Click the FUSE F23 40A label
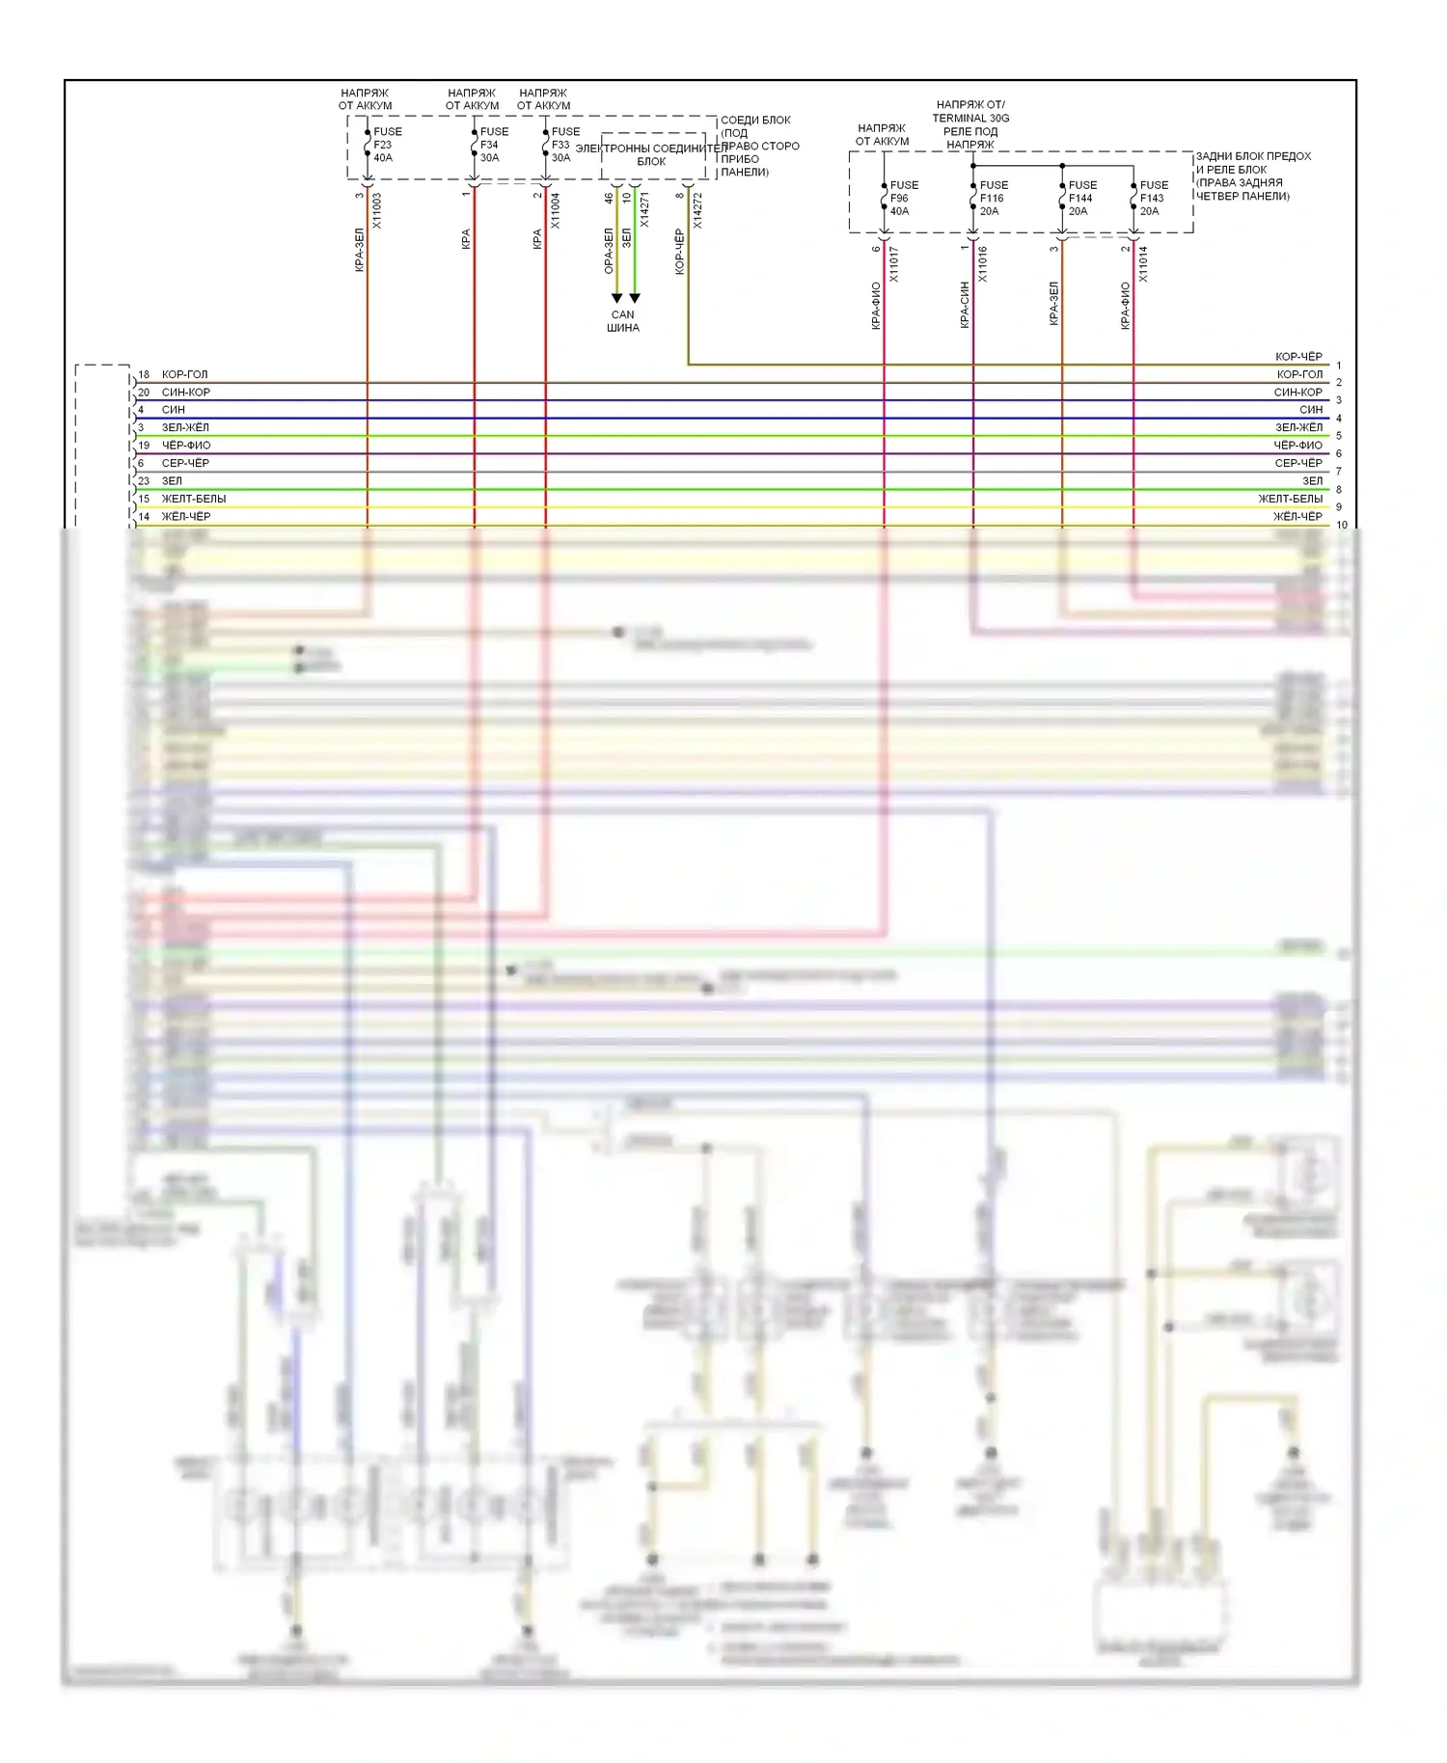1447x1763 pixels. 387,145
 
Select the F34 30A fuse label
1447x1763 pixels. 493,145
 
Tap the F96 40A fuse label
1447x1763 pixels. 903,198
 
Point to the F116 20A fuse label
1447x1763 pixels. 993,198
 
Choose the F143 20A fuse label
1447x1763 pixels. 1153,198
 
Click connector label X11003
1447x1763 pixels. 377,210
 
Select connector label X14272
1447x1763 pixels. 697,210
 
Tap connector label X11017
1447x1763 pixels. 893,264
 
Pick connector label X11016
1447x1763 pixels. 982,264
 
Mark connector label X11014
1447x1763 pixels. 1142,264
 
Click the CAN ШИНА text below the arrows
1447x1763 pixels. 623,321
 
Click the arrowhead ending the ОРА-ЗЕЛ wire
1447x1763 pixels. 616,299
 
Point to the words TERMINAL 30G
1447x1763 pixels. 970,119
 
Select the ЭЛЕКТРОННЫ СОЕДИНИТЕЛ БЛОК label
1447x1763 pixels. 651,154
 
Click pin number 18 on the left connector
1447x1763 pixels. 144,374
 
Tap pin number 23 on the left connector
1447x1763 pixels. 144,480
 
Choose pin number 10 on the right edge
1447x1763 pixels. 1342,526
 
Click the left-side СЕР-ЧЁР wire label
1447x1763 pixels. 185,463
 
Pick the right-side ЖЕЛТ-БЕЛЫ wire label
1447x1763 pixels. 1290,499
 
